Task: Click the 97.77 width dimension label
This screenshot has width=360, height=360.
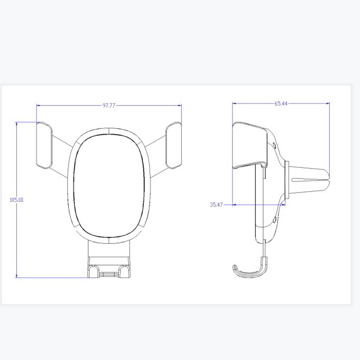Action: (x=109, y=106)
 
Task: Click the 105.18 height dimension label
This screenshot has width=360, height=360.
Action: (x=16, y=200)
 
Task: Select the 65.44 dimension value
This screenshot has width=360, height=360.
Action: (x=281, y=103)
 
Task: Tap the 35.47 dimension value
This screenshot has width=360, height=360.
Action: (x=216, y=204)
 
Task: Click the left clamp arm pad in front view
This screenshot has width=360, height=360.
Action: (x=44, y=146)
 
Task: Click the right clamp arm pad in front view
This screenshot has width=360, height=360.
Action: (x=173, y=146)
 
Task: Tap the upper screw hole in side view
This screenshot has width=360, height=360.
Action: (x=274, y=145)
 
